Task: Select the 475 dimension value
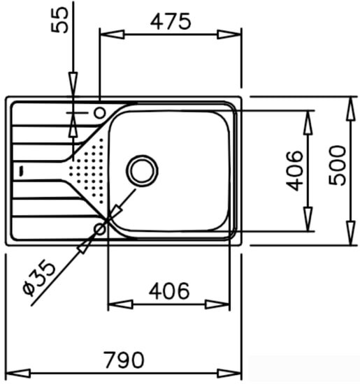pos(171,22)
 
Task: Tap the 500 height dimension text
pos(339,165)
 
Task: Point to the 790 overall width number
pos(124,360)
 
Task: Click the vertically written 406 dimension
pos(295,170)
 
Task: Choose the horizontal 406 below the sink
pos(168,290)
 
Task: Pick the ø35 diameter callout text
pos(38,280)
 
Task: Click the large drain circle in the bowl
pos(143,169)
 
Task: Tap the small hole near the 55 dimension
pos(99,112)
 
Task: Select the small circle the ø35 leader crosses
pos(101,226)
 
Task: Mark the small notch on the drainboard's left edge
pos(22,169)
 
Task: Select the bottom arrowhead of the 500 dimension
pos(350,237)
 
